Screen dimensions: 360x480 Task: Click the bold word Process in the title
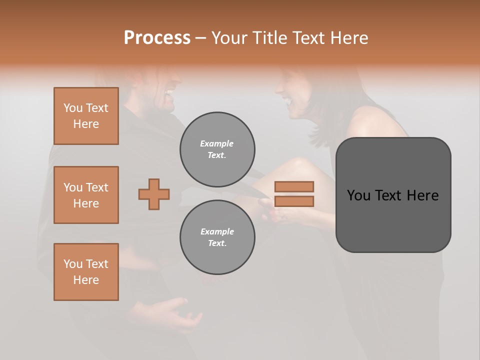(157, 38)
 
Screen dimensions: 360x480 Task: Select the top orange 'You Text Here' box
(86, 116)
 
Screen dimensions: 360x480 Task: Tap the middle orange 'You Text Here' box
(86, 195)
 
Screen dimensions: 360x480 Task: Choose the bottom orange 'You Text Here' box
(86, 272)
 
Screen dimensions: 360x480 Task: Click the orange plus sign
(154, 194)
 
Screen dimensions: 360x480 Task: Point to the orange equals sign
(294, 194)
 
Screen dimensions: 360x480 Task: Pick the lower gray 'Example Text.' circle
(217, 237)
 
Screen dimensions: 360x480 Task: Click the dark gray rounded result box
(393, 195)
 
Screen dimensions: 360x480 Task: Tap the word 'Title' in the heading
(272, 38)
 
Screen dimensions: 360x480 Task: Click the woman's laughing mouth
(287, 100)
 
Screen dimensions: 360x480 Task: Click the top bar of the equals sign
(294, 186)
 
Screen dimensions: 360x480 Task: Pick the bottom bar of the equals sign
(294, 201)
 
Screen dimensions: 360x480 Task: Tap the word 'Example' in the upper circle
(217, 143)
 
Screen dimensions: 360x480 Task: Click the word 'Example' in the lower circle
(217, 231)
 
